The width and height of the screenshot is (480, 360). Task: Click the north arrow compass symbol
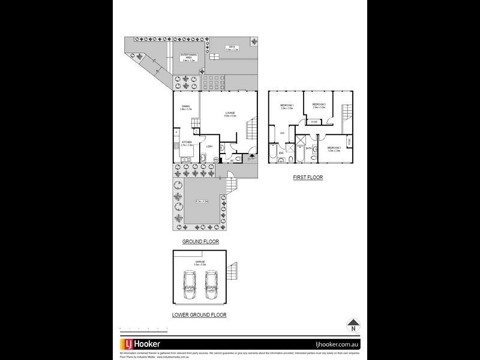click(353, 326)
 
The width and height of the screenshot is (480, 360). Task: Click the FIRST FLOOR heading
click(308, 178)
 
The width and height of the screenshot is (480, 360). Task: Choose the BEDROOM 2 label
click(319, 104)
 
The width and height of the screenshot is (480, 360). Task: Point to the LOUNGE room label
click(230, 113)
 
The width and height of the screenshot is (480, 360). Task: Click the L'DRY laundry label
click(209, 146)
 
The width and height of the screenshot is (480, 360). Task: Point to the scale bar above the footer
click(144, 328)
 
